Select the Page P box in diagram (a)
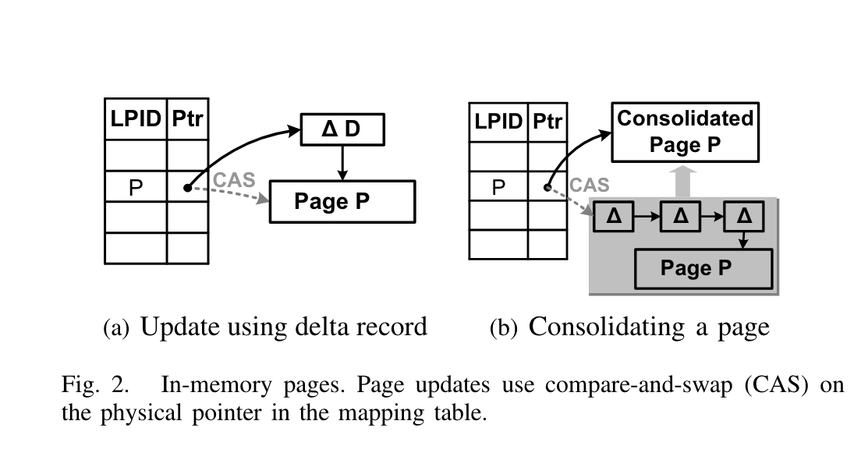tap(342, 202)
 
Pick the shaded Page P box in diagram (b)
tap(704, 269)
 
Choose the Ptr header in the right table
tap(548, 121)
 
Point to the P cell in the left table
tap(136, 188)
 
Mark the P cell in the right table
tap(499, 187)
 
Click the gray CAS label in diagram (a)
tap(235, 179)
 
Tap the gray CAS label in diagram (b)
tap(590, 185)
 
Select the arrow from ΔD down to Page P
tap(342, 162)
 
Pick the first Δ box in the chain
tap(614, 215)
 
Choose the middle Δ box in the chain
tap(679, 215)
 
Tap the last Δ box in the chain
tap(744, 215)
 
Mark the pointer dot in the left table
tap(187, 188)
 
